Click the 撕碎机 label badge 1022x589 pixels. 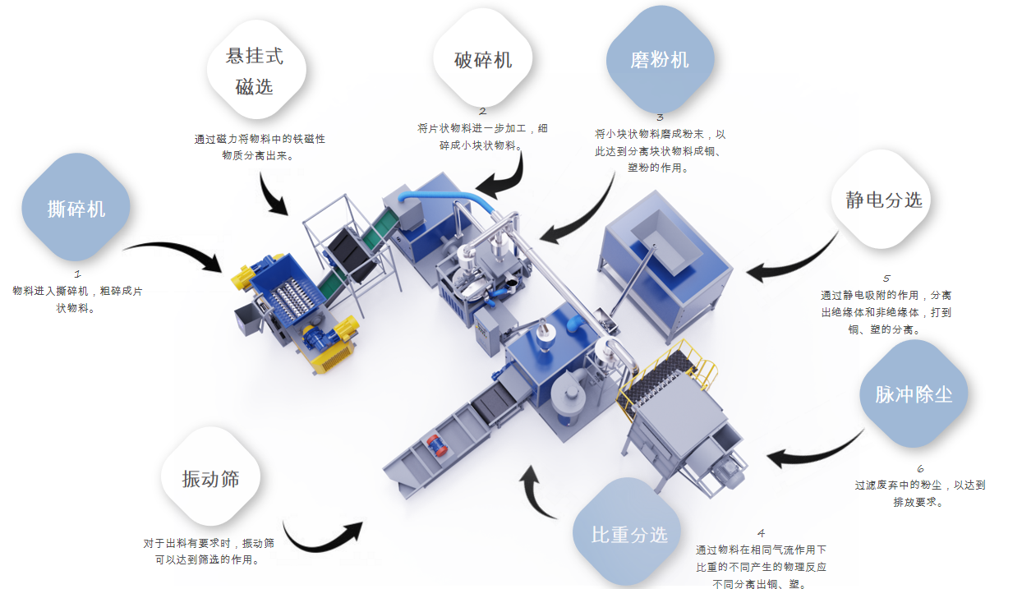tap(76, 208)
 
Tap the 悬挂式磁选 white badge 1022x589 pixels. tap(255, 71)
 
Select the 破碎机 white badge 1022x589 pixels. tap(483, 60)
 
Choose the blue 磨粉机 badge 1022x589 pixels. tap(660, 60)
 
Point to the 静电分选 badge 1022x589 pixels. tap(883, 200)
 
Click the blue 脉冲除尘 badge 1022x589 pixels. tap(914, 393)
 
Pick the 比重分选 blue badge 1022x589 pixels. tap(629, 535)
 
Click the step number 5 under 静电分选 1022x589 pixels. tap(886, 278)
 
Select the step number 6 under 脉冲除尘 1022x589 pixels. tap(920, 469)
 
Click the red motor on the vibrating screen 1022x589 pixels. tap(433, 444)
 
